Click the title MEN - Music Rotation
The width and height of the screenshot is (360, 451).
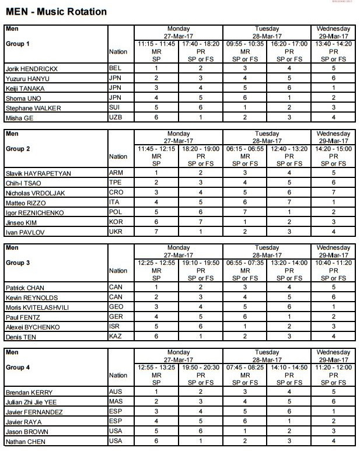(56, 12)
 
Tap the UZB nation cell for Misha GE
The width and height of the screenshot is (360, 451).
(116, 118)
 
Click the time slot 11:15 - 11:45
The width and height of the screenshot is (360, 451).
(156, 44)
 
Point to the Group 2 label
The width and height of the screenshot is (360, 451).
(18, 149)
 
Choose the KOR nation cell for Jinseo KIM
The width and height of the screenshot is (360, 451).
(116, 222)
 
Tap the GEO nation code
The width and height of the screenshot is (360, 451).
(116, 307)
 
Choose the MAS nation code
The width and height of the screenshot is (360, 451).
(116, 402)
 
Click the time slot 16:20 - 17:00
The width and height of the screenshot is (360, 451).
(289, 44)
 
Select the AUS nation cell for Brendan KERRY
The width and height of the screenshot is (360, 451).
(116, 392)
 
